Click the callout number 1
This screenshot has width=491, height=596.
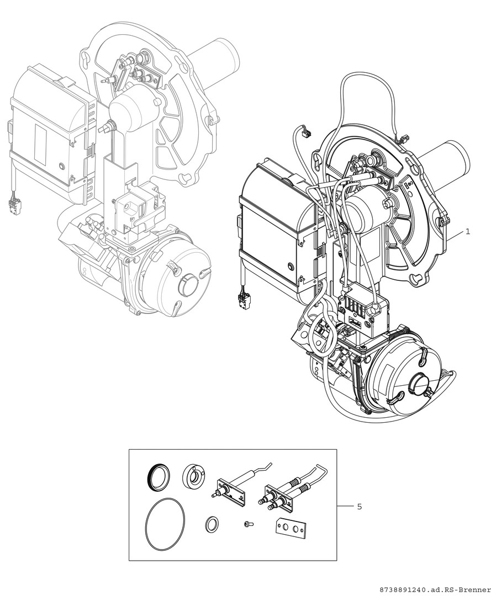tap(468, 231)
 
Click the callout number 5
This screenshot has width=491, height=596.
tap(360, 507)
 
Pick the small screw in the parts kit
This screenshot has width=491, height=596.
tap(248, 524)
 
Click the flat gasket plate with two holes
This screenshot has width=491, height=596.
tap(290, 528)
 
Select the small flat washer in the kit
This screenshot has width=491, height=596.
tap(211, 525)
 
